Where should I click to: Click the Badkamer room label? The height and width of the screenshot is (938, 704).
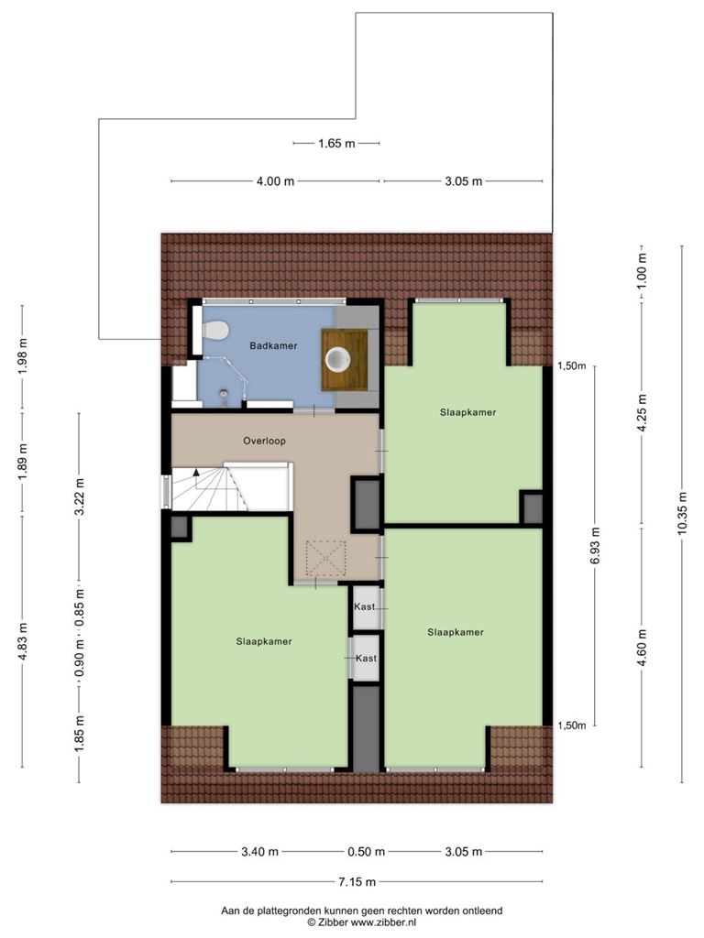273,345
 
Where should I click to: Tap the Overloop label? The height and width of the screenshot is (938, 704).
265,441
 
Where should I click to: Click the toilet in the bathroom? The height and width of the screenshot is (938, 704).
215,330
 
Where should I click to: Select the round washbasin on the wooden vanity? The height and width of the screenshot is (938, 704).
337,359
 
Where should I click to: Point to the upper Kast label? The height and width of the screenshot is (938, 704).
365,606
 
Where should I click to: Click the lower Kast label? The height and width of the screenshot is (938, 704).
367,658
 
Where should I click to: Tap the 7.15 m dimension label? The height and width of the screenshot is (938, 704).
357,882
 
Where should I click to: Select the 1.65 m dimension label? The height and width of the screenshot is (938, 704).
336,144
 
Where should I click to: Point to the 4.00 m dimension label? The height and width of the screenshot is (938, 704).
275,181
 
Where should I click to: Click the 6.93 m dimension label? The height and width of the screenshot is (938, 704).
594,546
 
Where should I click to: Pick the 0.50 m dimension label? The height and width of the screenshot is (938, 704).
367,852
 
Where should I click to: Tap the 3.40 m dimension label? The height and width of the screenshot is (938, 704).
259,852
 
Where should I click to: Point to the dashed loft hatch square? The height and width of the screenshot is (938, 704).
325,558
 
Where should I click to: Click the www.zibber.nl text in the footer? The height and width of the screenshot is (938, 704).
383,922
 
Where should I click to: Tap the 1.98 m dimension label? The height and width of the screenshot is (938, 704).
23,356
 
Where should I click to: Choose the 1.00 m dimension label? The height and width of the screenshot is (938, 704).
642,270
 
